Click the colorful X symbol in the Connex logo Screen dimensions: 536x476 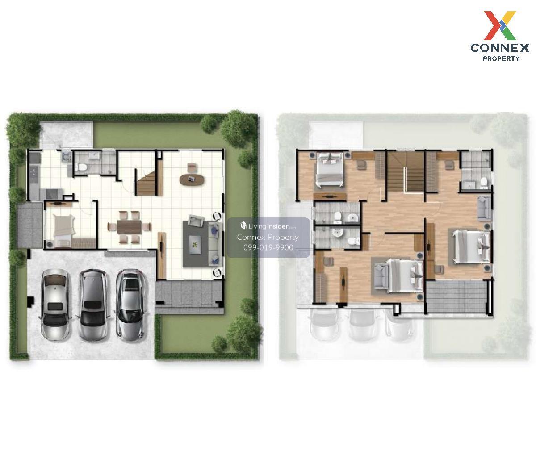tap(499, 25)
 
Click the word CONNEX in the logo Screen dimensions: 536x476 tap(499, 48)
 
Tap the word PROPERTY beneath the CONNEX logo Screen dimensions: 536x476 tap(501, 58)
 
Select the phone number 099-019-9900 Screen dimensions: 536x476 tap(268, 247)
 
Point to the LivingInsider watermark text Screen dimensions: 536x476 tap(268, 226)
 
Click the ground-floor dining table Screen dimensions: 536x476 tap(129, 227)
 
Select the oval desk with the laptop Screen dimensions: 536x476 tap(192, 180)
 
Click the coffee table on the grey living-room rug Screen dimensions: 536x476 tap(195, 244)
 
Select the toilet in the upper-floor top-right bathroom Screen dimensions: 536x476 tap(483, 182)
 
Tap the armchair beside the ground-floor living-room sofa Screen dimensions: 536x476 tap(196, 221)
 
